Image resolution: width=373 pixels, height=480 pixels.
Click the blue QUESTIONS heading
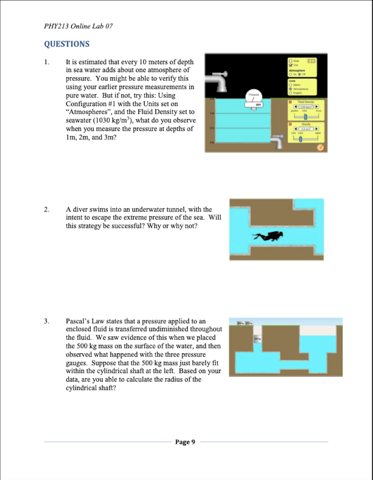click(67, 44)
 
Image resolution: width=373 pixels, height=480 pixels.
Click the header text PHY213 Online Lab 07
click(78, 26)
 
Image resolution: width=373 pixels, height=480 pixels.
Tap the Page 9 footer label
click(185, 442)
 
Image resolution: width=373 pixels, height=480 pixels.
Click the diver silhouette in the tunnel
click(268, 236)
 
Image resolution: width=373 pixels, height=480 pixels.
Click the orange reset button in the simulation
click(320, 148)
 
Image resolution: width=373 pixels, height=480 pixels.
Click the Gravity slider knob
click(300, 139)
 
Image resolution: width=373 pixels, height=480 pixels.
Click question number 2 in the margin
click(46, 210)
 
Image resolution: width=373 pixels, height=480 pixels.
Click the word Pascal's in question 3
click(78, 321)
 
